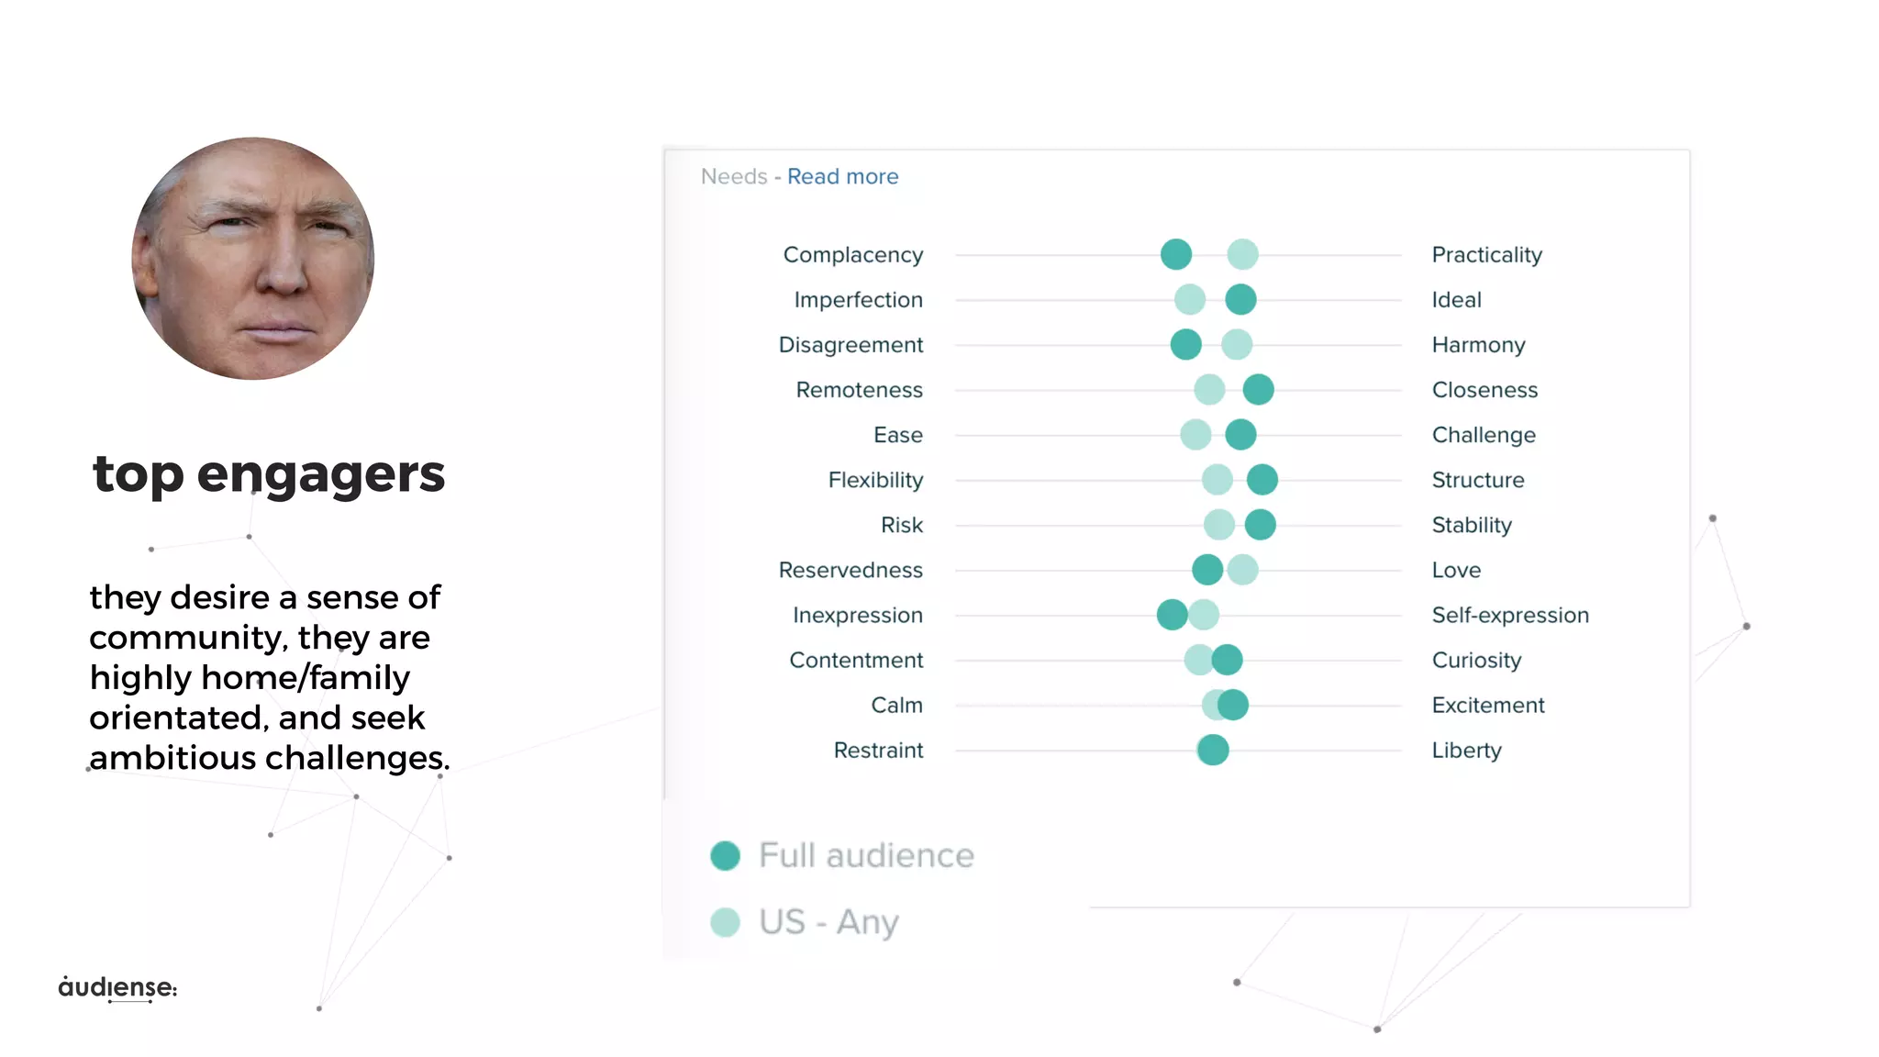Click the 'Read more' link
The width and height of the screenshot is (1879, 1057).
pos(842,176)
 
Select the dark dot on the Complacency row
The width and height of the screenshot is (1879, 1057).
pos(1176,254)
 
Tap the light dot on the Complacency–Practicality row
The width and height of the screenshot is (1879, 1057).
pos(1242,254)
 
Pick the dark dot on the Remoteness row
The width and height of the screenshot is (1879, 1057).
pos(1258,389)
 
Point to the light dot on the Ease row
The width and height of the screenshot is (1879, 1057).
pos(1195,434)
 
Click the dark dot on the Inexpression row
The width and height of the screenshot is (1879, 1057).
pos(1172,615)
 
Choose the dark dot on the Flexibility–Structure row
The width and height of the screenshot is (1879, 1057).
pos(1262,479)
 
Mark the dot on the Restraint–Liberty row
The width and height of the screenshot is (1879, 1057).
pos(1213,750)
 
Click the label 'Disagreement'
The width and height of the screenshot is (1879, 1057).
pos(851,345)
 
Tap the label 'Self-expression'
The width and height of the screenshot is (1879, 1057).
pos(1510,615)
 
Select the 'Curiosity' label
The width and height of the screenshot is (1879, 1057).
pos(1476,660)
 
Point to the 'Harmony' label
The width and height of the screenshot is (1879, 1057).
pos(1478,345)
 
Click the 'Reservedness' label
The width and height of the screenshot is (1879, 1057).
pos(851,570)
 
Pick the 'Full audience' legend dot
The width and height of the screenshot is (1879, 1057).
pos(726,855)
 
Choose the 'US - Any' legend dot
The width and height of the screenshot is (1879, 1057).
pos(726,922)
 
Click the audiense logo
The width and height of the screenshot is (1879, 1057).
pos(117,987)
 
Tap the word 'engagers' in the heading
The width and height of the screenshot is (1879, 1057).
pos(320,474)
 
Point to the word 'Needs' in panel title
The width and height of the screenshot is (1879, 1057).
pos(734,176)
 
